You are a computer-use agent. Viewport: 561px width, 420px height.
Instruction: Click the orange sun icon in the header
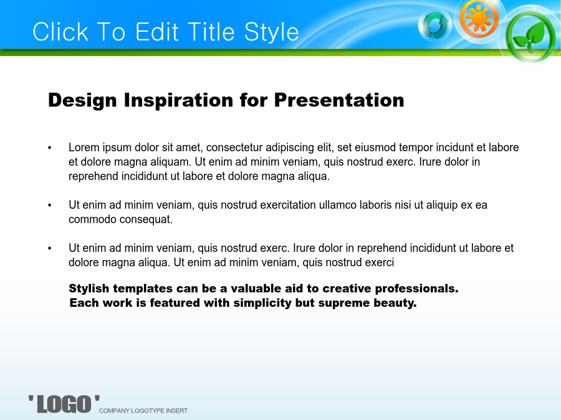pos(479,18)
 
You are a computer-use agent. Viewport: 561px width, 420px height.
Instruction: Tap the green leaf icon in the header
pos(531,37)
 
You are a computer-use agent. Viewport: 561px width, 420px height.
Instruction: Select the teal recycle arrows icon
pos(434,25)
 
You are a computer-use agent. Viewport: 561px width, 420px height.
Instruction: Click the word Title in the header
pos(211,32)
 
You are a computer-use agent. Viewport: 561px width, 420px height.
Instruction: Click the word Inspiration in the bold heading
pos(178,100)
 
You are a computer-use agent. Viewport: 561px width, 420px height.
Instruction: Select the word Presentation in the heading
pos(339,100)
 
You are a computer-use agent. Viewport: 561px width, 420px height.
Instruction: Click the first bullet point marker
pos(50,148)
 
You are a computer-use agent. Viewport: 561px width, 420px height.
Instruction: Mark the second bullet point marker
pos(50,205)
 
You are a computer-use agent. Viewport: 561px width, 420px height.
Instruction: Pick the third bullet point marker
pos(50,248)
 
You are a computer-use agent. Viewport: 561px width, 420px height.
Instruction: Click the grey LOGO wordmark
pos(64,404)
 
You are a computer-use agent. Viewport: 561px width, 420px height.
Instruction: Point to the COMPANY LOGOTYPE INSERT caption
pos(143,411)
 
